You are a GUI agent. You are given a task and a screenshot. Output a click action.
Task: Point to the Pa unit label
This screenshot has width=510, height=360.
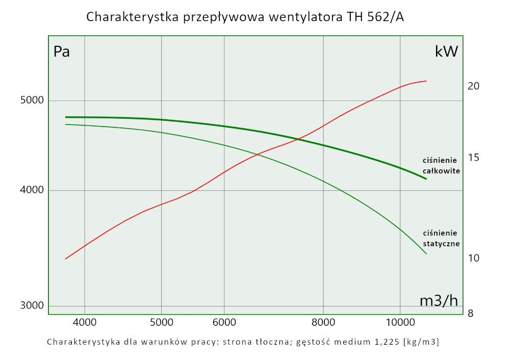pyautogui.click(x=62, y=52)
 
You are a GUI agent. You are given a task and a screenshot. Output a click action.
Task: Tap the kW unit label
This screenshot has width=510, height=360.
pyautogui.click(x=446, y=52)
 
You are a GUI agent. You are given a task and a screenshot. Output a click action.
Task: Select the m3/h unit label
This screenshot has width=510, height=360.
pyautogui.click(x=438, y=301)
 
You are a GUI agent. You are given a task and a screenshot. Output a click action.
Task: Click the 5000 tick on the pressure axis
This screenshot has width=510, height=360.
pyautogui.click(x=32, y=100)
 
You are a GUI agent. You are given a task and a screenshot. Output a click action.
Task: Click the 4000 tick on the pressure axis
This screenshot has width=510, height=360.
pyautogui.click(x=32, y=191)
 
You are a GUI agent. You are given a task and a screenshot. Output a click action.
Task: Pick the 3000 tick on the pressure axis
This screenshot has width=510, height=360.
pyautogui.click(x=32, y=306)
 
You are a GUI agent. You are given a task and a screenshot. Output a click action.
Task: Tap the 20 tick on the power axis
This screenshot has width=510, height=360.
pyautogui.click(x=473, y=86)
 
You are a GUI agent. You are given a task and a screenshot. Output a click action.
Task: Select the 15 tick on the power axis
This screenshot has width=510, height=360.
pyautogui.click(x=473, y=158)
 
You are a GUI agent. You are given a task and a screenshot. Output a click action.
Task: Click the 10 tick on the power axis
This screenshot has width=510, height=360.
pyautogui.click(x=473, y=258)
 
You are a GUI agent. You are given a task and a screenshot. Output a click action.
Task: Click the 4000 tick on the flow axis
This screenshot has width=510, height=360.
pyautogui.click(x=85, y=322)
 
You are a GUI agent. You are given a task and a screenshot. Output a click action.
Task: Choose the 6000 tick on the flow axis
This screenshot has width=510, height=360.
pyautogui.click(x=225, y=322)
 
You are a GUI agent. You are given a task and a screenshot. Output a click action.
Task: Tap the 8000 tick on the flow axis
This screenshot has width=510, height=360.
pyautogui.click(x=323, y=322)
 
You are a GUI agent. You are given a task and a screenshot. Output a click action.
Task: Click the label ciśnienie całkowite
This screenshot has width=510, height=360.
pyautogui.click(x=442, y=165)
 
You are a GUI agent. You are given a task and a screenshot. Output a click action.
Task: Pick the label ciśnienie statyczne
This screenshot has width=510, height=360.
pyautogui.click(x=442, y=238)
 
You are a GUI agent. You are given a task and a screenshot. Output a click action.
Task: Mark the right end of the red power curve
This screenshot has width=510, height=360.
pyautogui.click(x=426, y=81)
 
